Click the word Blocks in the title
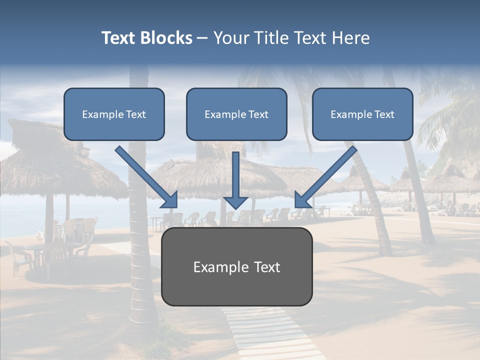click(167, 38)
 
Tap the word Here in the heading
click(350, 38)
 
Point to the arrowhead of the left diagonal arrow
click(170, 200)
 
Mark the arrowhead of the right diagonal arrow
click(301, 200)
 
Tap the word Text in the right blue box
click(384, 114)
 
